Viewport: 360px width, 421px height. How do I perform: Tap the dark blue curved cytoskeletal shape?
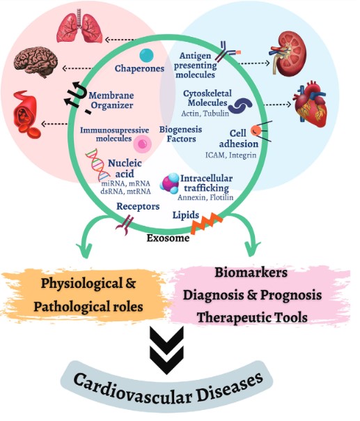point(242,104)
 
